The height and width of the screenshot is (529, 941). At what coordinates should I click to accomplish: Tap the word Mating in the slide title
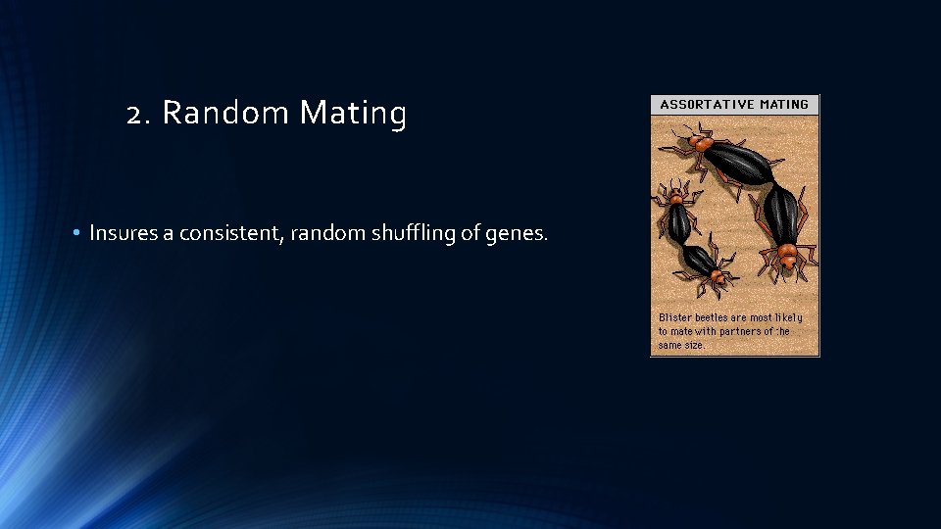(x=353, y=115)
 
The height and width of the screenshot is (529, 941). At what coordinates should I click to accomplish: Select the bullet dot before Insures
(x=75, y=233)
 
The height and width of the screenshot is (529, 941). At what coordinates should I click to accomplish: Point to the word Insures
(x=122, y=233)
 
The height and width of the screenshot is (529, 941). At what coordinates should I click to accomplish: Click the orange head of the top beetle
(x=700, y=143)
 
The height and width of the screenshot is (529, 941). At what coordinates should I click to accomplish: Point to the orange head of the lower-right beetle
(x=786, y=257)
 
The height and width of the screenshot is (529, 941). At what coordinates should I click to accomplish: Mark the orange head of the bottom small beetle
(x=721, y=278)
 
